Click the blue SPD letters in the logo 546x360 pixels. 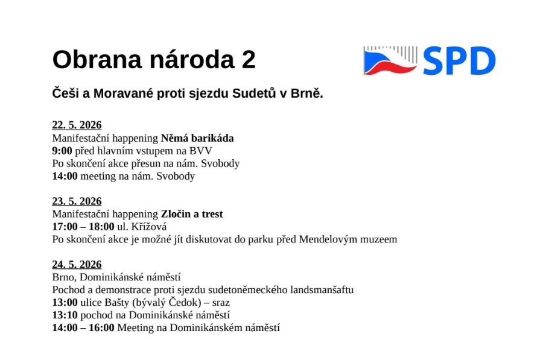[x=459, y=61]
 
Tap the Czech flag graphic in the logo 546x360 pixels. [x=390, y=60]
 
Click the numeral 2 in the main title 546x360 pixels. [x=249, y=60]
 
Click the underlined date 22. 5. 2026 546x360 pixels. [x=77, y=125]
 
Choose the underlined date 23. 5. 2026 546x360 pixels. [x=77, y=201]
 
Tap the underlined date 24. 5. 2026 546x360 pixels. [x=77, y=265]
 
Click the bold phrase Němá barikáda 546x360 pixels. [x=197, y=138]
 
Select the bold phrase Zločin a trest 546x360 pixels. [x=192, y=214]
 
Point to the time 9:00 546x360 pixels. [x=62, y=151]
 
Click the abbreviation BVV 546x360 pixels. [x=201, y=151]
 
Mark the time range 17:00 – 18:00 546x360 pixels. [x=83, y=227]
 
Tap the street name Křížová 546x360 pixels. [x=148, y=226]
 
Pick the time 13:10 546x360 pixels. [x=65, y=315]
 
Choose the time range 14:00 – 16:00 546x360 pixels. [x=83, y=327]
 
